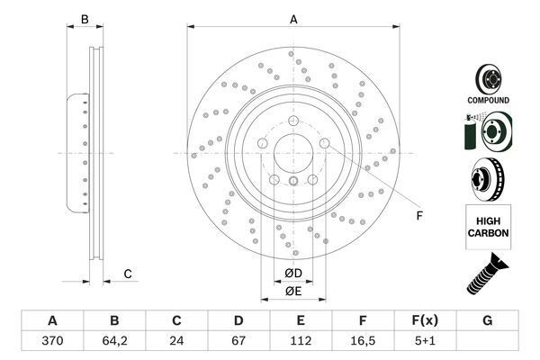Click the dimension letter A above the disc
pyautogui.click(x=292, y=20)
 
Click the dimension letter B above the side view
pyautogui.click(x=84, y=20)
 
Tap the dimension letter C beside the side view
pyautogui.click(x=128, y=274)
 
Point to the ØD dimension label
pyautogui.click(x=293, y=273)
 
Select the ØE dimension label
pyautogui.click(x=293, y=291)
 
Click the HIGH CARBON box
pyautogui.click(x=488, y=226)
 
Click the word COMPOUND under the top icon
pyautogui.click(x=488, y=100)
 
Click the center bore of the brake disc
pyautogui.click(x=293, y=153)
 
